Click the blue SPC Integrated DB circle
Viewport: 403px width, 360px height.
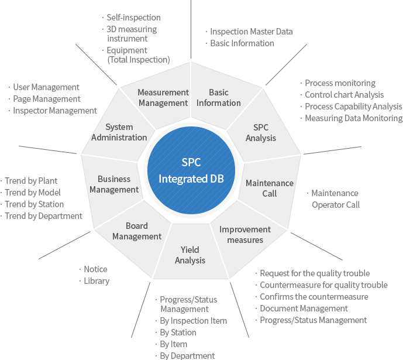pos(191,170)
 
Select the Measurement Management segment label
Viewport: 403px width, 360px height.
pos(163,97)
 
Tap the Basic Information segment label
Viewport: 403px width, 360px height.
pos(219,97)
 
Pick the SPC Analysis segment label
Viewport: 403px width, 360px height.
pos(261,133)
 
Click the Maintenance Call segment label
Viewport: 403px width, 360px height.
pos(270,188)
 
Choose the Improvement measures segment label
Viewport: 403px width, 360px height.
pos(245,235)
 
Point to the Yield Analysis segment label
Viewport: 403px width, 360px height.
pos(190,255)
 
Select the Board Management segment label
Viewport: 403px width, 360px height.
pos(137,231)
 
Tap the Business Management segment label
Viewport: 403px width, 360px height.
pos(114,184)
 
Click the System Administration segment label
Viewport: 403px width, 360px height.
pos(119,132)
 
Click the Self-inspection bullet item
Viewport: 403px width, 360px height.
pos(133,18)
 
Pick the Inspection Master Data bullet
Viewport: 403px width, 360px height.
pos(252,32)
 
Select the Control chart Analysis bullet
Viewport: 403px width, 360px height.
pos(344,95)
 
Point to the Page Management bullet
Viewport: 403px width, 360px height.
pos(47,99)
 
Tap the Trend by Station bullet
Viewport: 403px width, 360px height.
pos(34,204)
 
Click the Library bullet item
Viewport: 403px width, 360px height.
pos(97,281)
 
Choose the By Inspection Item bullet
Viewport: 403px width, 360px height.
pos(193,321)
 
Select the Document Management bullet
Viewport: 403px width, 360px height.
pos(304,308)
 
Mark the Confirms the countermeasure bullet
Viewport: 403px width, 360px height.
pos(314,297)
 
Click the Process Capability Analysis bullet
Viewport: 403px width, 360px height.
pos(353,107)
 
